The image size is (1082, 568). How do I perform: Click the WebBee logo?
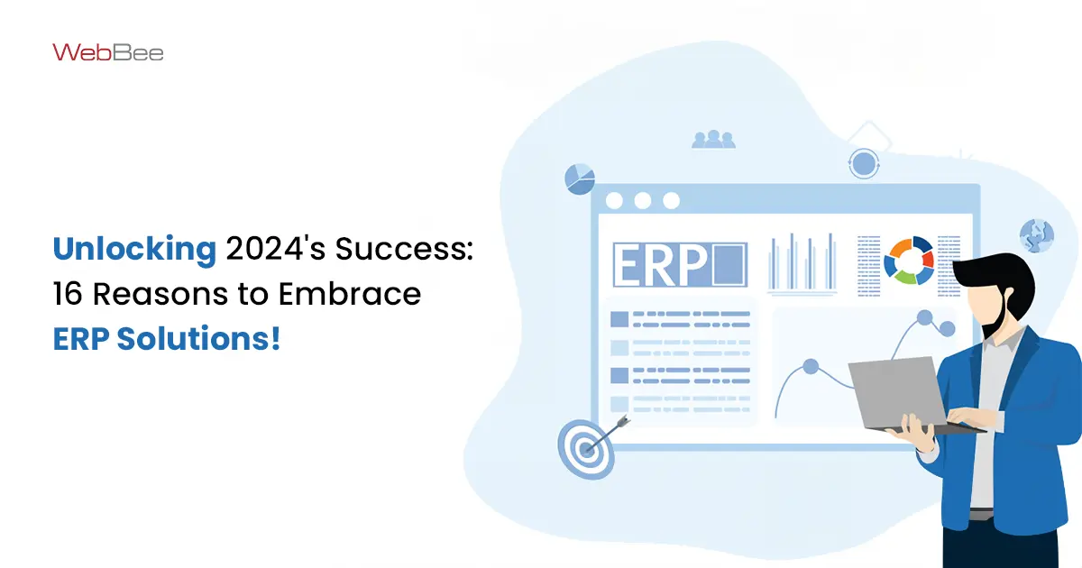(107, 52)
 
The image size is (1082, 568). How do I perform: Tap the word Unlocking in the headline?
(134, 250)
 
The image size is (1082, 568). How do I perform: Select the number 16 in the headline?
(67, 294)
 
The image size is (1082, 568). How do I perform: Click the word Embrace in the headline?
(349, 294)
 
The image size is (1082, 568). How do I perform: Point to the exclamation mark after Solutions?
(276, 338)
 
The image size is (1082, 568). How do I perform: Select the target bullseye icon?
(586, 449)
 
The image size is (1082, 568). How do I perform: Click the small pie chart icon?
(580, 179)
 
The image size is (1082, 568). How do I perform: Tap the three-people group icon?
(713, 139)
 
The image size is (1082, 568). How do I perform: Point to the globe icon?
(1037, 235)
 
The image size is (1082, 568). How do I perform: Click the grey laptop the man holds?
(898, 394)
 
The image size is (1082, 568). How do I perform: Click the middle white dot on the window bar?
(642, 200)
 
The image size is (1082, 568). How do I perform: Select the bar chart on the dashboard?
(802, 263)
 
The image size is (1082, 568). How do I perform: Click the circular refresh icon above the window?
(864, 164)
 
